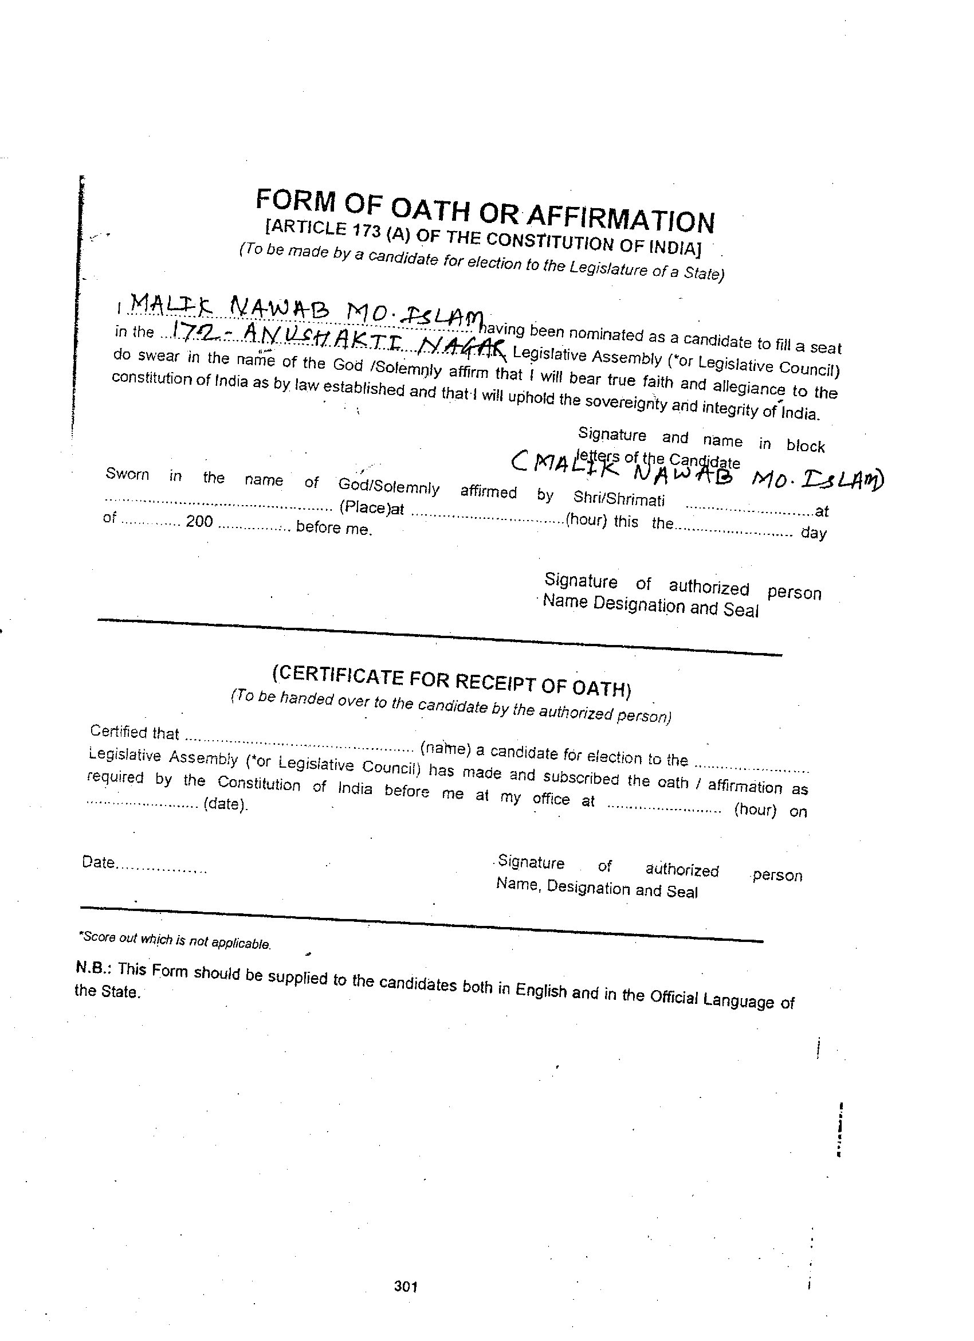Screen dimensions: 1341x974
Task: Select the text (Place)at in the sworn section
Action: coord(371,508)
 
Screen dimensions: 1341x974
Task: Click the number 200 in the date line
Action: coord(199,522)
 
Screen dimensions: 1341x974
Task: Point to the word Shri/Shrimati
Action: coord(619,499)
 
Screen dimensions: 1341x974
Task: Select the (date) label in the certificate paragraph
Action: coord(225,805)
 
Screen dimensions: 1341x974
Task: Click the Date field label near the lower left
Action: coord(98,862)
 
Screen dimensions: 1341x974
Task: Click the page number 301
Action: coord(406,1287)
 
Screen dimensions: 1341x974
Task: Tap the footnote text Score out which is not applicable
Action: coord(175,940)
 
